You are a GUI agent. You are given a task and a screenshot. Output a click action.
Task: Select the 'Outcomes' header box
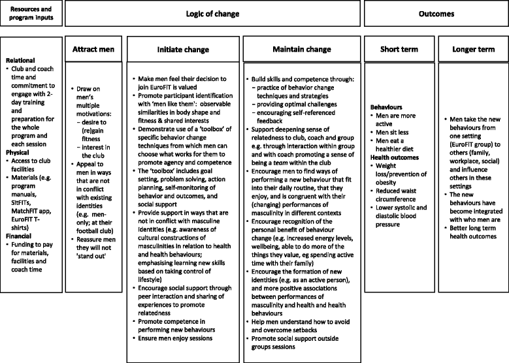point(436,14)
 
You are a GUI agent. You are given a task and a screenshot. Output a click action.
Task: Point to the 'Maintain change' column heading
point(301,48)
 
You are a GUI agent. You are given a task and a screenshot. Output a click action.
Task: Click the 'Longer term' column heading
point(470,48)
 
